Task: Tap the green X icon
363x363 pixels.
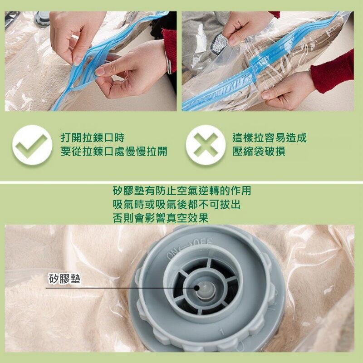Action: (x=206, y=145)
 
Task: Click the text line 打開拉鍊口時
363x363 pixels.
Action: (x=93, y=137)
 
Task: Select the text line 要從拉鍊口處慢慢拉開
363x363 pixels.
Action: (x=114, y=152)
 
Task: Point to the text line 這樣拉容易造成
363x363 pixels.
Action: (x=270, y=137)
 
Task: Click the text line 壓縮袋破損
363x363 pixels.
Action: (x=259, y=152)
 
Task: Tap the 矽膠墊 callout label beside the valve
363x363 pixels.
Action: (x=64, y=279)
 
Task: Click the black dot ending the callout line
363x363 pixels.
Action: (x=196, y=288)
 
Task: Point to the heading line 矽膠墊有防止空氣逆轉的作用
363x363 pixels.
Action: (x=182, y=191)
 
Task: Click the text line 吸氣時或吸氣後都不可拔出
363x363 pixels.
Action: (x=177, y=204)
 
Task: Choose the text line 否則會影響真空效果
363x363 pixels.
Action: (x=161, y=218)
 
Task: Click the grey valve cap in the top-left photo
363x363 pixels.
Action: (x=42, y=19)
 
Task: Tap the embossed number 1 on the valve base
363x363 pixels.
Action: (x=221, y=332)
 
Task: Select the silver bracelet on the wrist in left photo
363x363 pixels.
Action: (x=169, y=63)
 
